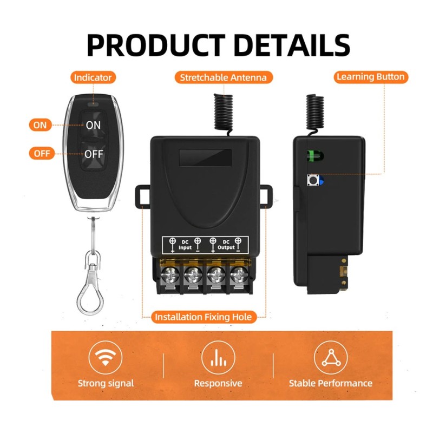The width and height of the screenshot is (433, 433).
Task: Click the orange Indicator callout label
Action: coord(93,77)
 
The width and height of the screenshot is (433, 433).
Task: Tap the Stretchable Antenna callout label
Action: coord(224,77)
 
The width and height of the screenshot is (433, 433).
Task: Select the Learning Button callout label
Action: coord(371,77)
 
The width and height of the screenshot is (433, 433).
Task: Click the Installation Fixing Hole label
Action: coord(204,317)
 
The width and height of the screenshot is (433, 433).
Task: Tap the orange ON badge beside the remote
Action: coord(40,125)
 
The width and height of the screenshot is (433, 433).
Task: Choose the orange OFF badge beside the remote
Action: coord(42,153)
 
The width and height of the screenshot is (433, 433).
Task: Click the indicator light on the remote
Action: coord(93,104)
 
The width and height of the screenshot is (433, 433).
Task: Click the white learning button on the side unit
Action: coord(313,180)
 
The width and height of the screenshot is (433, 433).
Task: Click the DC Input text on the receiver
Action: coord(185,245)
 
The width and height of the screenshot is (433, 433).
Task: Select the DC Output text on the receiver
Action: coord(226,245)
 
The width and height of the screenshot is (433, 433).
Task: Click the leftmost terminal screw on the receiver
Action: coord(169,275)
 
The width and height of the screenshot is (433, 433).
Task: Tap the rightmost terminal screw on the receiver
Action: coord(239,275)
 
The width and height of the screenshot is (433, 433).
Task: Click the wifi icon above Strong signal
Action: coord(105,357)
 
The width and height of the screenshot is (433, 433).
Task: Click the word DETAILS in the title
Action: coord(293,45)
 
